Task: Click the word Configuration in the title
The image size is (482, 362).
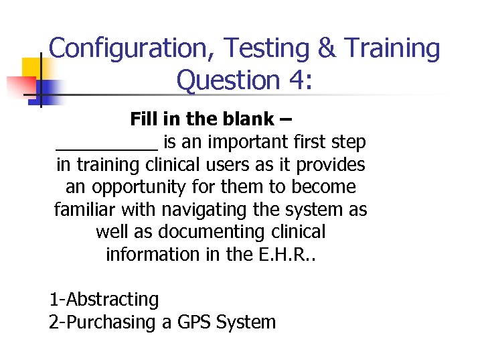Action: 132,49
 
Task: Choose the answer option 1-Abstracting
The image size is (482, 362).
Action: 104,300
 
